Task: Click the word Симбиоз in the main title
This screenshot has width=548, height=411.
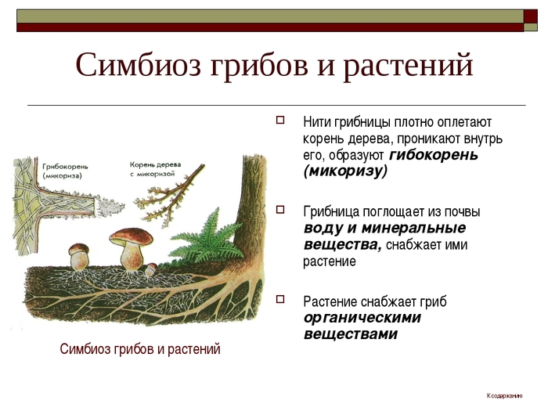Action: click(139, 65)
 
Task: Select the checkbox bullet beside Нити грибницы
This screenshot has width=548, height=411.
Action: click(280, 121)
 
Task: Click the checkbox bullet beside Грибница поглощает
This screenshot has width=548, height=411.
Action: click(280, 210)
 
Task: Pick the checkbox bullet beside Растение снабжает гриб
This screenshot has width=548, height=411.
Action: click(280, 300)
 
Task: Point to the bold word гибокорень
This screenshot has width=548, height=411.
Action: click(434, 155)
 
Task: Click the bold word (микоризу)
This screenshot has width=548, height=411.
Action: click(346, 171)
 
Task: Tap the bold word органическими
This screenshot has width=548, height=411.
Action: click(362, 318)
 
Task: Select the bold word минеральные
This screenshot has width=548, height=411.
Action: click(413, 228)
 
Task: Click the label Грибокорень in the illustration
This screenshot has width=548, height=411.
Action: click(65, 167)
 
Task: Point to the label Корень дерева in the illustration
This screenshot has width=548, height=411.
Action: click(155, 164)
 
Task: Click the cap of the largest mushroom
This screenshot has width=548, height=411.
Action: click(131, 236)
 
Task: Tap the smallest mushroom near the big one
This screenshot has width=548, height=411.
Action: click(151, 269)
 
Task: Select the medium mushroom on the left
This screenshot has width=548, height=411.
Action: click(79, 257)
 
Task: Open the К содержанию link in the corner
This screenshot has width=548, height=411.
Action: click(505, 395)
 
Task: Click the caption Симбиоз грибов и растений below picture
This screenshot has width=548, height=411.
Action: click(140, 349)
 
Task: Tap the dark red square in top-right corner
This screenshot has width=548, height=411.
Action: click(531, 16)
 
